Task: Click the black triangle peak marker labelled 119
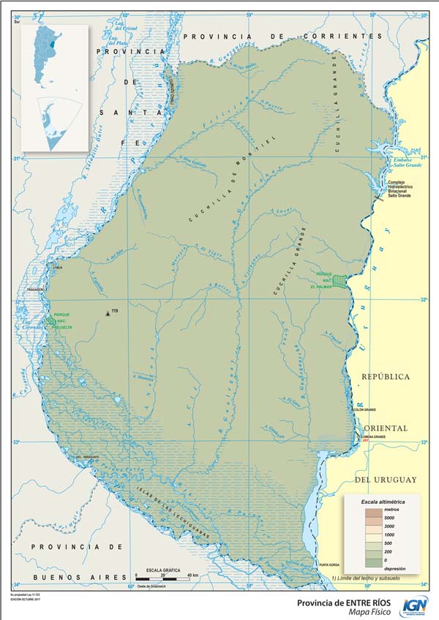(x=108, y=313)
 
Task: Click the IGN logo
(x=416, y=605)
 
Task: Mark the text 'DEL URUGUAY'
(x=385, y=480)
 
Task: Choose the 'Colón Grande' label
(x=364, y=410)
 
